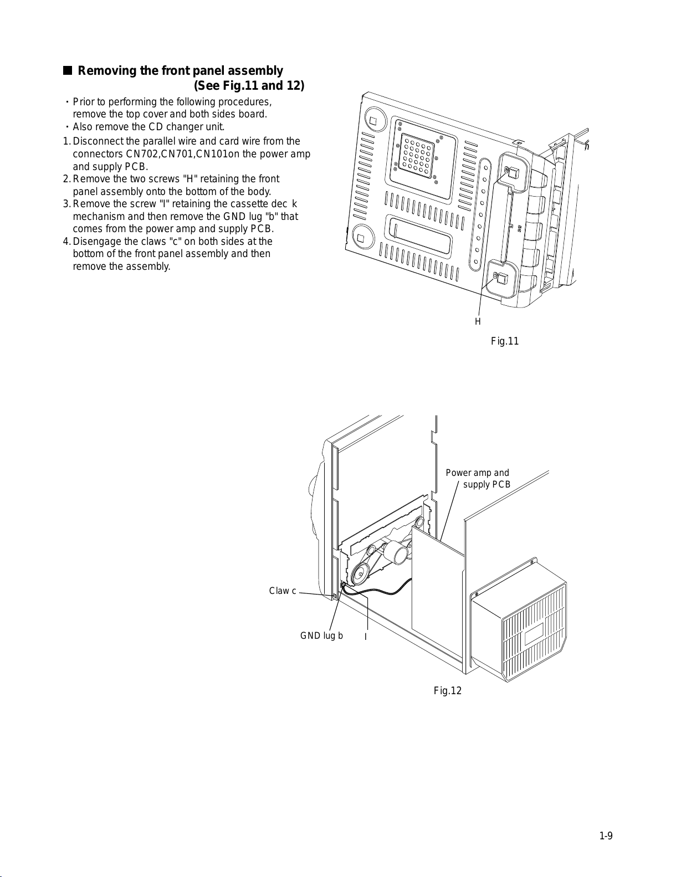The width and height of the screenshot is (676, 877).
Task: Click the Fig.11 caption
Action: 504,341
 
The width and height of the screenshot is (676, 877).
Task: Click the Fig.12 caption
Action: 447,691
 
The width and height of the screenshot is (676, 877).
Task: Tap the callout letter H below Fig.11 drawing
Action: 478,322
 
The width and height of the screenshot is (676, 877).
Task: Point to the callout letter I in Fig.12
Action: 366,637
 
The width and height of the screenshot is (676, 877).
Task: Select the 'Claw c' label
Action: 283,591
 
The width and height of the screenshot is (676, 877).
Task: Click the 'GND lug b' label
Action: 321,636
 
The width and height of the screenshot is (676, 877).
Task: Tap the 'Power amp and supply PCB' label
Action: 478,479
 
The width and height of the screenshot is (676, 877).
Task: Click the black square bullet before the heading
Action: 68,71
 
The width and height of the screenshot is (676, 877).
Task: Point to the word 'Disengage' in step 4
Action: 96,242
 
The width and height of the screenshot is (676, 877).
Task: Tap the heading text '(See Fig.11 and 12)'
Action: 249,86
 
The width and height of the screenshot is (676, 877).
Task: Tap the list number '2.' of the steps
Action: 66,179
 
